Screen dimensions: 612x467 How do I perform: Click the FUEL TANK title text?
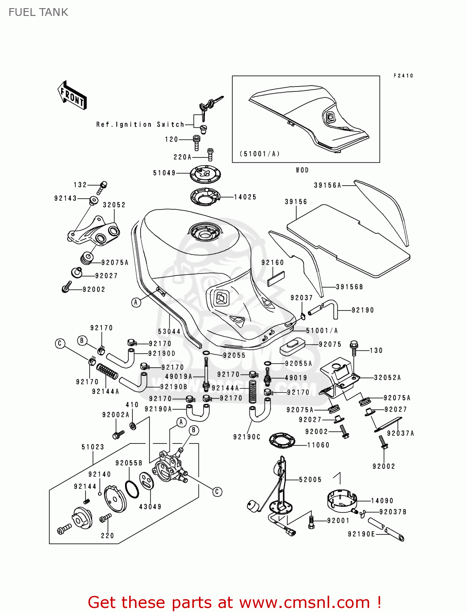click(x=38, y=12)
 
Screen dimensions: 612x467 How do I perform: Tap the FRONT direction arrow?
click(x=72, y=95)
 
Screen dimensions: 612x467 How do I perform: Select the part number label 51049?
click(x=164, y=173)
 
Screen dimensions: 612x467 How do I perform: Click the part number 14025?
click(x=245, y=197)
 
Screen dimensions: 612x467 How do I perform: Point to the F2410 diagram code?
click(x=403, y=76)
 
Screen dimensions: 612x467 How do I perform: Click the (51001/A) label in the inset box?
click(x=260, y=154)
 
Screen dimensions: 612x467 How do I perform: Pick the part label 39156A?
click(x=327, y=185)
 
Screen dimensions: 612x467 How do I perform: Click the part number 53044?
click(x=169, y=332)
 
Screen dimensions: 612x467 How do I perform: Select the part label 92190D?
click(x=162, y=354)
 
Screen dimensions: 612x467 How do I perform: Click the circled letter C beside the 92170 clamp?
click(x=60, y=344)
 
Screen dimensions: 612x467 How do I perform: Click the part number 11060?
click(x=318, y=445)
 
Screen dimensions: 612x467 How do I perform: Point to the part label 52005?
click(x=310, y=480)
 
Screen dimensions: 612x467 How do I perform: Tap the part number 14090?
click(x=382, y=501)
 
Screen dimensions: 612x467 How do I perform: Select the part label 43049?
click(x=150, y=507)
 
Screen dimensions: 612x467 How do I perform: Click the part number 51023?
click(x=93, y=447)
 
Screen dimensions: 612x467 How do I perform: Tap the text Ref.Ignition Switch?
click(x=140, y=124)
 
